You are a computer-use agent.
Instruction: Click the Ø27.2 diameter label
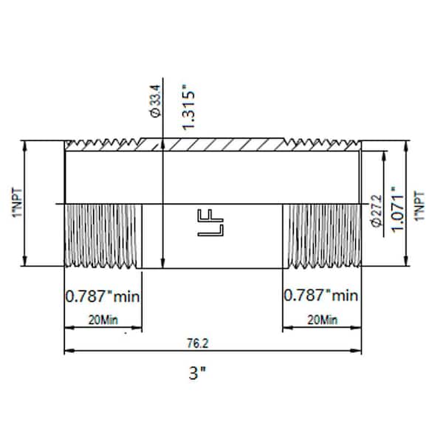pyautogui.click(x=376, y=211)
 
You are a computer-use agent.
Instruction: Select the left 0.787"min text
pyautogui.click(x=103, y=296)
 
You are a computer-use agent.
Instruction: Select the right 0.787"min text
pyautogui.click(x=321, y=296)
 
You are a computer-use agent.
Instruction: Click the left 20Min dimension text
pyautogui.click(x=103, y=320)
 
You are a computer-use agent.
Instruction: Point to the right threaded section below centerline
pyautogui.click(x=322, y=236)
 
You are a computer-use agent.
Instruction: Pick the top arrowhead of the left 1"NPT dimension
pyautogui.click(x=27, y=143)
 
